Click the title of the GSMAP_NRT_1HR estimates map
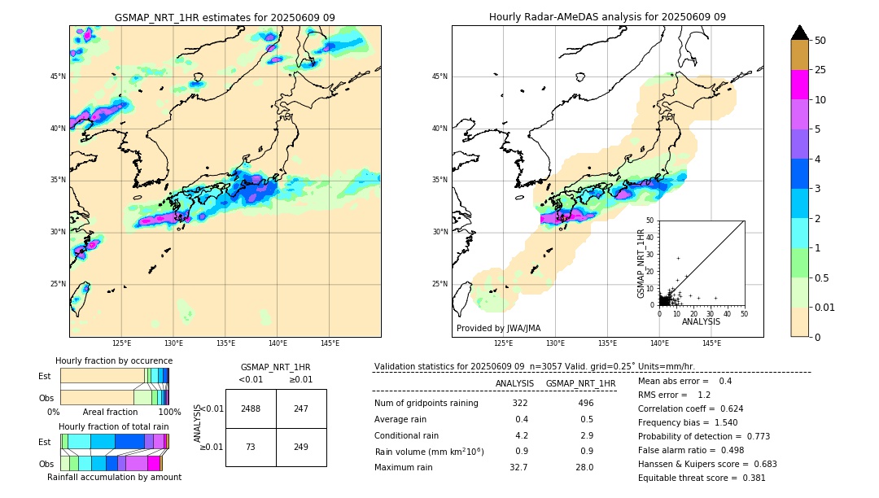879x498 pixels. (x=225, y=17)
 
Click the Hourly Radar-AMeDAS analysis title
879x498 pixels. (x=607, y=17)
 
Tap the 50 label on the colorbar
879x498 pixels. (x=820, y=40)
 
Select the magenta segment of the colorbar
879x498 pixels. (x=799, y=85)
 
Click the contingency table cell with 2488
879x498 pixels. (x=251, y=408)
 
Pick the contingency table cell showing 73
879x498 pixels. (x=251, y=447)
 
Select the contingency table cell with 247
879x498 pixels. (x=301, y=408)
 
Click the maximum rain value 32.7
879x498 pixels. (x=518, y=467)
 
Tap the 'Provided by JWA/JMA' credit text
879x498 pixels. (x=498, y=328)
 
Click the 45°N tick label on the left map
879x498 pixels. (x=58, y=76)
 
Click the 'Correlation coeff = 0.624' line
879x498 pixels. (x=690, y=408)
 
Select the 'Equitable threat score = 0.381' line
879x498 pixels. (x=702, y=478)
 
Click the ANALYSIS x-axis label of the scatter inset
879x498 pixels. (x=701, y=321)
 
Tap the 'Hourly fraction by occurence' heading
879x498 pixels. (x=114, y=360)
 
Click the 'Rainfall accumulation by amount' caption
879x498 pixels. (x=114, y=477)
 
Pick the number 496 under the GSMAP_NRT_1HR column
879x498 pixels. (x=585, y=403)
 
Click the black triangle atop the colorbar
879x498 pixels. (x=799, y=33)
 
